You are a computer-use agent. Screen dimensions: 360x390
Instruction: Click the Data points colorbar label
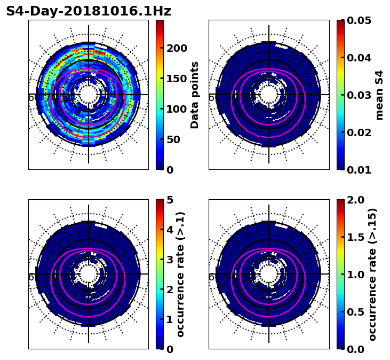(195, 95)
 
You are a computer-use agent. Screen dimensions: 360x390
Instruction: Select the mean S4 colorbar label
(379, 95)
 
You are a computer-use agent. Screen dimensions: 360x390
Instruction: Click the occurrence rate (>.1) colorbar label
(180, 274)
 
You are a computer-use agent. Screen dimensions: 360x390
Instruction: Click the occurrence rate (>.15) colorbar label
(372, 274)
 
